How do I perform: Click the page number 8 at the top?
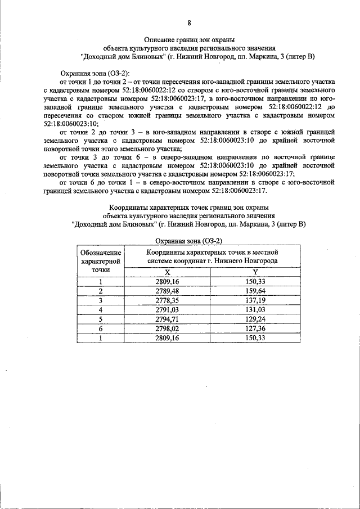[189, 23]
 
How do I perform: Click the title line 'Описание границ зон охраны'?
[189, 40]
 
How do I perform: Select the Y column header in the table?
[255, 272]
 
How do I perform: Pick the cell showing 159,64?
[255, 291]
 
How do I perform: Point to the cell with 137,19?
[255, 300]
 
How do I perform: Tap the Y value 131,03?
[255, 309]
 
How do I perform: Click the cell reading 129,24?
[255, 319]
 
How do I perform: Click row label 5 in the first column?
[101, 319]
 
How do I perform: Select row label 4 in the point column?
[101, 309]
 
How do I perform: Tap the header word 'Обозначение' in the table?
[101, 253]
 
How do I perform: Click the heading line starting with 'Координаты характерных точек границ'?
[189, 207]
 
